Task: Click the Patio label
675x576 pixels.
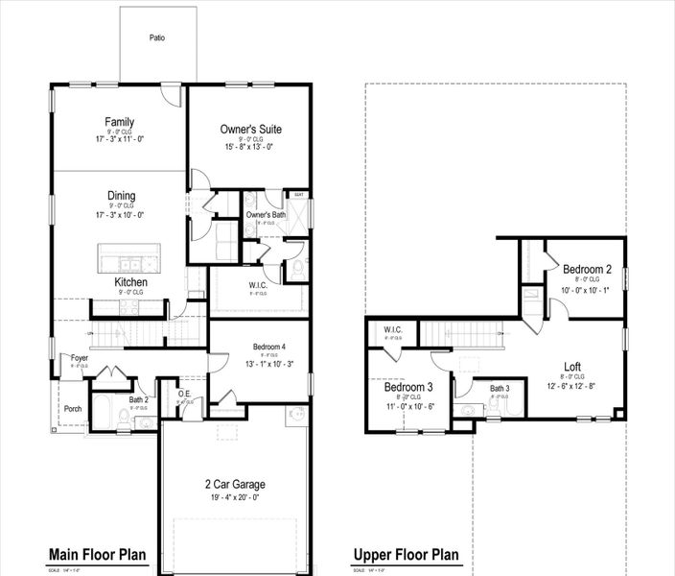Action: coord(157,38)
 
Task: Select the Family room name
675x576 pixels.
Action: coord(120,122)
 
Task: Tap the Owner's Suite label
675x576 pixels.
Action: coord(250,129)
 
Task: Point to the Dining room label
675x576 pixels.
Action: coord(121,196)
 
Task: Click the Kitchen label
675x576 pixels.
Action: coord(130,282)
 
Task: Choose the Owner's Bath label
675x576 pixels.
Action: coord(266,215)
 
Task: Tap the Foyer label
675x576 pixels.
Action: coord(80,358)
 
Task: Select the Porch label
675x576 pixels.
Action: coord(73,408)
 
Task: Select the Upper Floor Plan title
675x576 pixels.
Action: coord(406,555)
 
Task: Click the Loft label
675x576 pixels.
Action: coord(571,366)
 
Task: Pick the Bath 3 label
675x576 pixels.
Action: coord(499,388)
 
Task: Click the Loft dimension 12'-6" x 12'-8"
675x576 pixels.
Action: coord(571,386)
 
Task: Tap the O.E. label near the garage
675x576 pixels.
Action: coord(186,394)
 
